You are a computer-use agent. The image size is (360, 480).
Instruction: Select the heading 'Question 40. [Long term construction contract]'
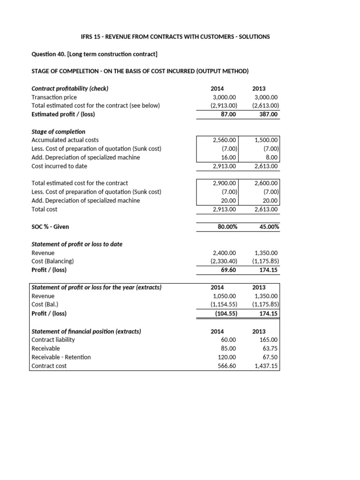tap(87, 54)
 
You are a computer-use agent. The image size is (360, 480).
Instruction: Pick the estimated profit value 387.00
tap(269, 114)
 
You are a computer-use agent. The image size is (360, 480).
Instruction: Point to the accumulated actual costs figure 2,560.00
tap(225, 140)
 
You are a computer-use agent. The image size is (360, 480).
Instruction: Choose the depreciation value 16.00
tap(230, 157)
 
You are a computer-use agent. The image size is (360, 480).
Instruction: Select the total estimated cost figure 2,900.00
tap(225, 183)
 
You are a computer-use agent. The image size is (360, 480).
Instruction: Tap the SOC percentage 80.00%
tap(227, 226)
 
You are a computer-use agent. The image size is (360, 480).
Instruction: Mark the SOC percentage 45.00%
tap(269, 226)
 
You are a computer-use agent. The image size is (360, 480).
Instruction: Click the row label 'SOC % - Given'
tap(50, 226)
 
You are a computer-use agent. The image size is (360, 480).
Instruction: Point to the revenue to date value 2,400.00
tap(225, 253)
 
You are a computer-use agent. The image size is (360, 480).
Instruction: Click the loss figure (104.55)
tap(225, 314)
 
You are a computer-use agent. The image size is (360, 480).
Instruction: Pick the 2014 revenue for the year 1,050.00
tap(225, 296)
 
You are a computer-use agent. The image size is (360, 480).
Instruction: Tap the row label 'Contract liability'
tap(53, 339)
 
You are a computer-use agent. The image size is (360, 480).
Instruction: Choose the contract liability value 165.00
tap(270, 339)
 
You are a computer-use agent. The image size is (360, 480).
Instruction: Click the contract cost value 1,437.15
tap(266, 366)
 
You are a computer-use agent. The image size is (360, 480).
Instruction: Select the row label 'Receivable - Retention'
tap(61, 357)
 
